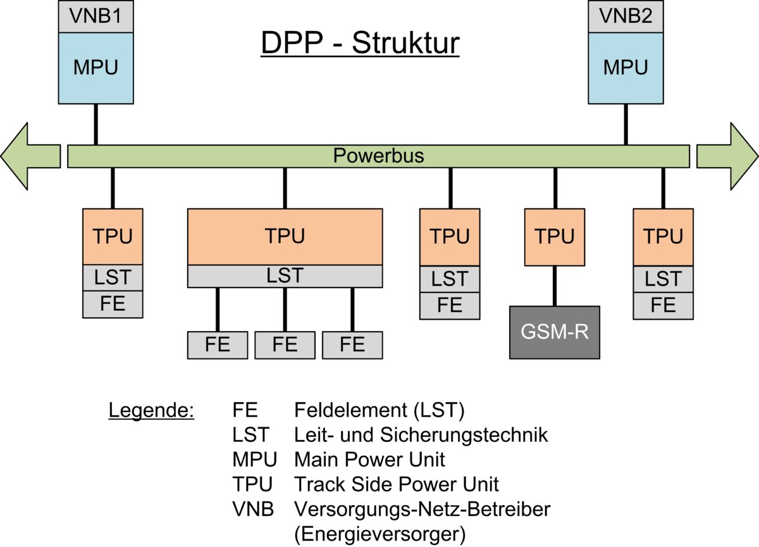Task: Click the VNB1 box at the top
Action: (x=96, y=16)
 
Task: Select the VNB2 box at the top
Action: (x=626, y=16)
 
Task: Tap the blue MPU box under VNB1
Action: (x=96, y=68)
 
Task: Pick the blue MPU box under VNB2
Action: (x=626, y=68)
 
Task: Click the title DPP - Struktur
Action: (x=361, y=44)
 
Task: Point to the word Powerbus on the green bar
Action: (x=378, y=156)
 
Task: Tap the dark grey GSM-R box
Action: (x=555, y=332)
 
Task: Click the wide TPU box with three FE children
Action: (x=285, y=236)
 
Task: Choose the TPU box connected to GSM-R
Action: (x=555, y=237)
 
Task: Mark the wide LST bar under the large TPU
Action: (x=285, y=276)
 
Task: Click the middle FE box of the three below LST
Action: (x=285, y=345)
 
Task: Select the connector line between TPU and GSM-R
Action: (x=555, y=286)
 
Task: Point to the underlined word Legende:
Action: (x=151, y=410)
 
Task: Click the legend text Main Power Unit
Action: (x=369, y=459)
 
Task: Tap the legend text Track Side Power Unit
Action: (x=397, y=484)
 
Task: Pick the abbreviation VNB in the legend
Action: (x=253, y=509)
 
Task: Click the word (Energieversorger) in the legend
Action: (x=380, y=534)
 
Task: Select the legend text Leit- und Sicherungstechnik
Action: (x=421, y=435)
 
